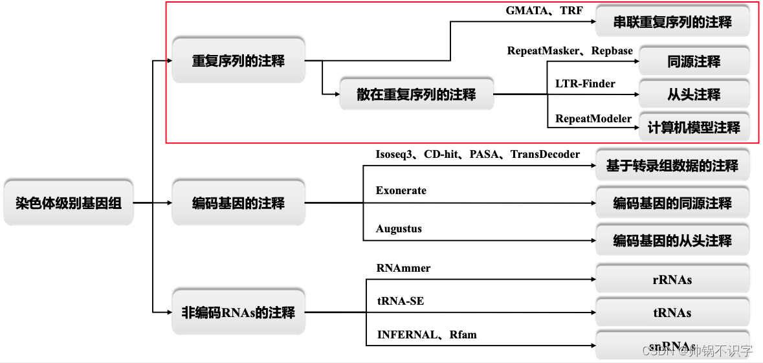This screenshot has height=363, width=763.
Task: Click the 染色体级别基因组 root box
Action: pos(68,203)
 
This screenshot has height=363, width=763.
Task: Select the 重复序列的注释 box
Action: pos(238,61)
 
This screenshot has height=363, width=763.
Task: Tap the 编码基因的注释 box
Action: pos(238,203)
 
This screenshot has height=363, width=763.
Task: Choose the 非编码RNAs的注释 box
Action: pos(238,313)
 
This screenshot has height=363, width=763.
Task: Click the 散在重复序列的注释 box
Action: pos(416,94)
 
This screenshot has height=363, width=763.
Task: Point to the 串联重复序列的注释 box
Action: pos(672,22)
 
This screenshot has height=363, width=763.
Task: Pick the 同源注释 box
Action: pos(694,61)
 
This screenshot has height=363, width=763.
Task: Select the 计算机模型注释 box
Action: pos(694,127)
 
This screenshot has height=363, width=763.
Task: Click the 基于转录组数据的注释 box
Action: pos(672,166)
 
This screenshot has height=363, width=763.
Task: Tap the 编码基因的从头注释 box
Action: pos(672,241)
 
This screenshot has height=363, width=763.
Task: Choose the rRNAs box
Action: pos(672,280)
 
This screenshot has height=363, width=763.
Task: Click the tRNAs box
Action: pos(672,313)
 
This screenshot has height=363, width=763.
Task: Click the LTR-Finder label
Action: pos(585,83)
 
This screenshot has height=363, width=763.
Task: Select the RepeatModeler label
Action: pos(593,118)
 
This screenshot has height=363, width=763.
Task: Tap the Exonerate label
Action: pos(401,191)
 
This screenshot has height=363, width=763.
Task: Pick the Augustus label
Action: pos(399,229)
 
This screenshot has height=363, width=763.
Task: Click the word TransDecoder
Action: pos(545,154)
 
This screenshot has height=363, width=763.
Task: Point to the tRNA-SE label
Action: pos(401,301)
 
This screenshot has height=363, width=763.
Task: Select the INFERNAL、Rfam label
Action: pos(426,335)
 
